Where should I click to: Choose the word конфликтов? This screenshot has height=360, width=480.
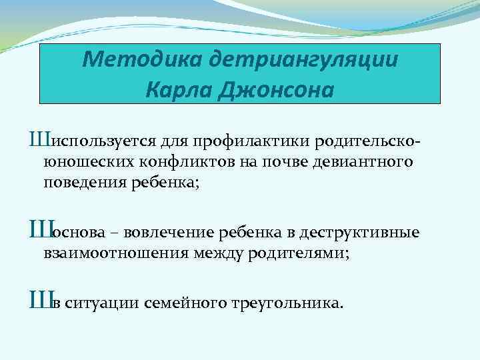click(174, 162)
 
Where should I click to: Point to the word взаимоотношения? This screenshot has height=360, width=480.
click(107, 253)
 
